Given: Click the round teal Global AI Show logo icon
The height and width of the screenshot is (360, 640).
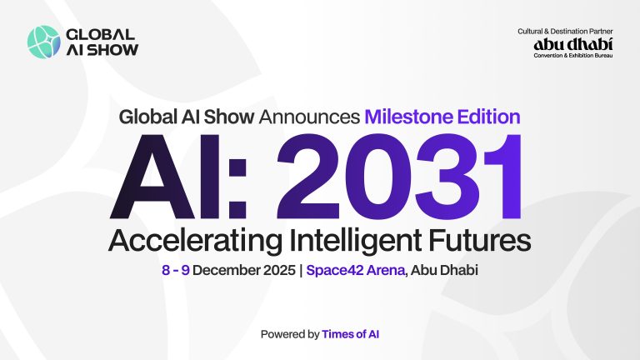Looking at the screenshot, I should (x=42, y=42).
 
